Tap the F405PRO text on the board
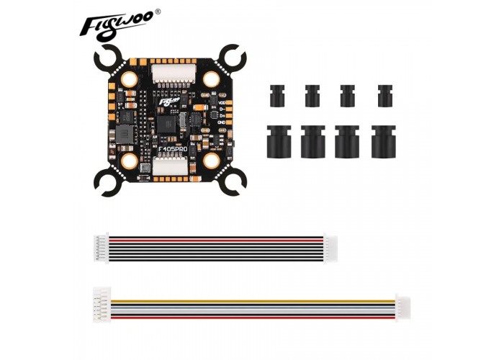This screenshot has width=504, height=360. (173, 150)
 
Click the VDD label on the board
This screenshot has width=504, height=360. (222, 102)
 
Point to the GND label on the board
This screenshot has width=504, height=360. (222, 122)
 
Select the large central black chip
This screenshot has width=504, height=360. (166, 125)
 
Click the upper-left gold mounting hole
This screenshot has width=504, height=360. (129, 78)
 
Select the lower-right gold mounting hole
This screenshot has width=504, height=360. (212, 161)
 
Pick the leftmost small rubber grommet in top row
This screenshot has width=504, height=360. (277, 96)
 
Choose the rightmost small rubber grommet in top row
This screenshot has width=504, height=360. (384, 96)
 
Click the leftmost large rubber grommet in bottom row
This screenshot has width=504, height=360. (279, 141)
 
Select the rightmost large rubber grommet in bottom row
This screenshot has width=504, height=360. (384, 141)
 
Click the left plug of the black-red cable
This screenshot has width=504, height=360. (102, 248)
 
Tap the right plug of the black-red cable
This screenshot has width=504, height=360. (330, 248)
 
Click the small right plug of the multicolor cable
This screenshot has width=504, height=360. (403, 308)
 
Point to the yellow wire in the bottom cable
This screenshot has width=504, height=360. (253, 302)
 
